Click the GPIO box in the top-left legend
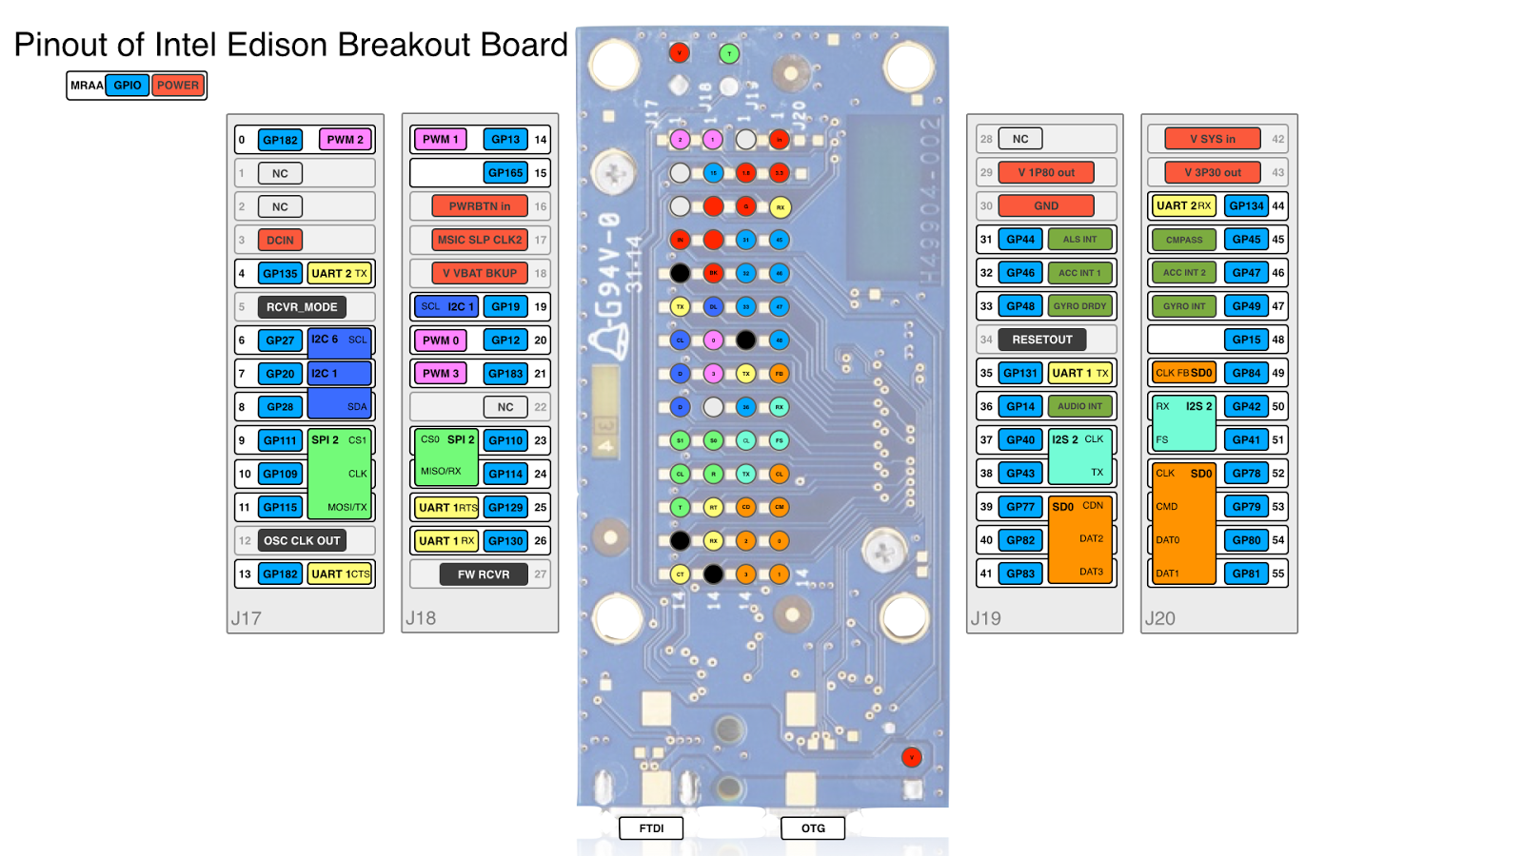point(127,86)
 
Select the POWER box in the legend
point(178,86)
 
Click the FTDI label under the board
point(651,828)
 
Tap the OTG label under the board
point(813,828)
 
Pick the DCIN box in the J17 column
point(280,241)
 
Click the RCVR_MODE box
point(302,307)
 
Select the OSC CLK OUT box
point(302,541)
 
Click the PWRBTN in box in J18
point(480,206)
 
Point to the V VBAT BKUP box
point(480,273)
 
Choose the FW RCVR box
point(484,574)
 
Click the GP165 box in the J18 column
point(505,173)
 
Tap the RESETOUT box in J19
point(1042,340)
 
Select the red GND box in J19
point(1046,206)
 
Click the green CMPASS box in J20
point(1184,240)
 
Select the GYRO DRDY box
point(1079,306)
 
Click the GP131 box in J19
point(1020,374)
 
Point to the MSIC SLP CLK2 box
point(480,240)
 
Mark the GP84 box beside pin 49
point(1246,373)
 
